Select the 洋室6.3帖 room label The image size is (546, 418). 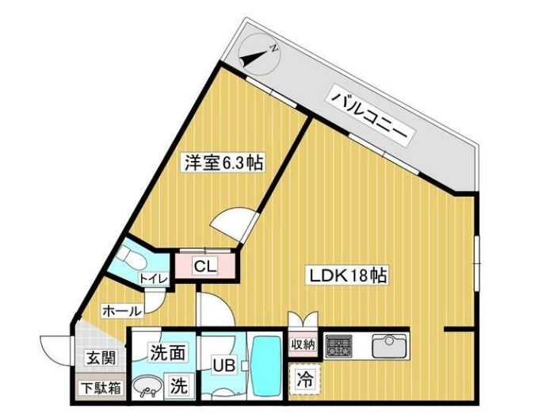pos(224,163)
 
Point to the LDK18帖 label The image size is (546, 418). pos(348,275)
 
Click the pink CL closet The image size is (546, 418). pos(204,266)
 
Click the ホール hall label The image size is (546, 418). pos(121,310)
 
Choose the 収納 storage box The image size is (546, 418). pos(304,344)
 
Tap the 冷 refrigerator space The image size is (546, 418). pos(304,379)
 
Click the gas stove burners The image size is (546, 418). pos(339,346)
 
